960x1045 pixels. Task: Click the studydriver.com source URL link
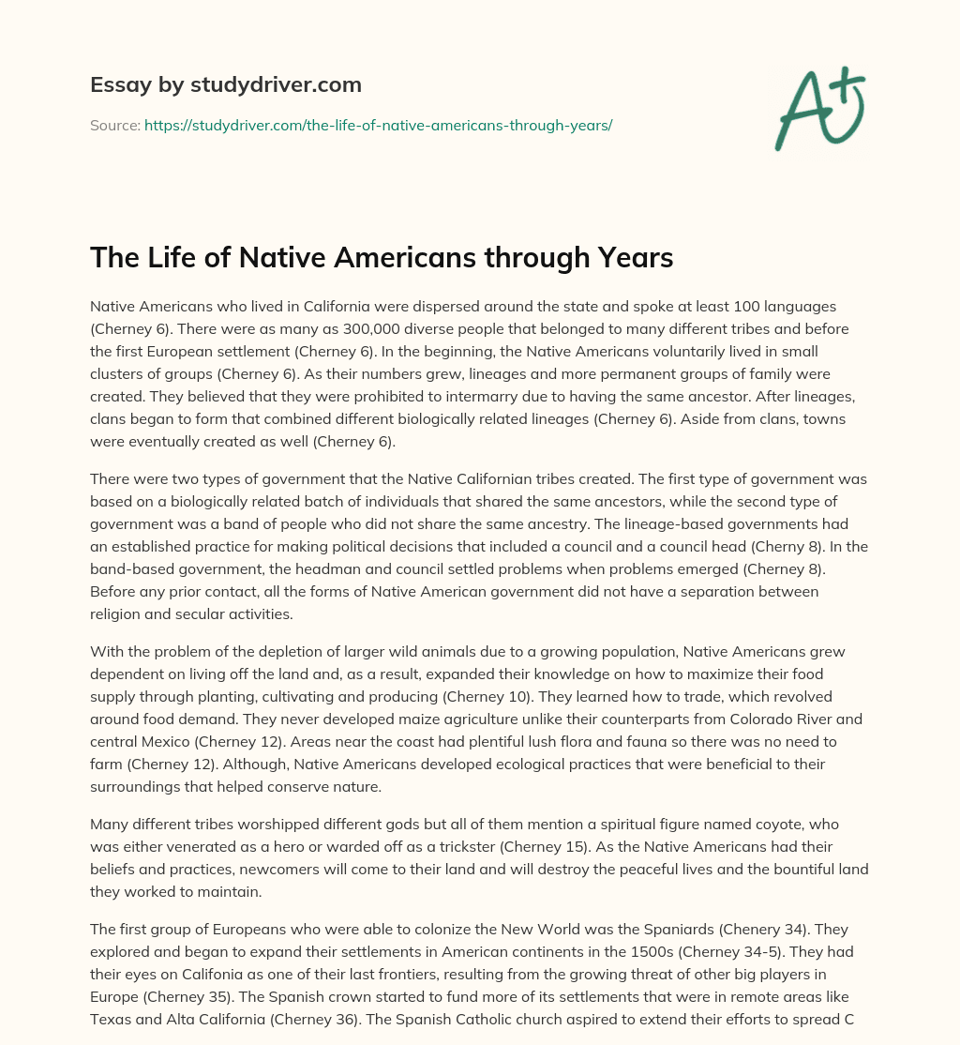point(378,125)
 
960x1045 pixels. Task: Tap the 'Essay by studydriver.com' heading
point(226,84)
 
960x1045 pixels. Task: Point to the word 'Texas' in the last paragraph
point(111,1018)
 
